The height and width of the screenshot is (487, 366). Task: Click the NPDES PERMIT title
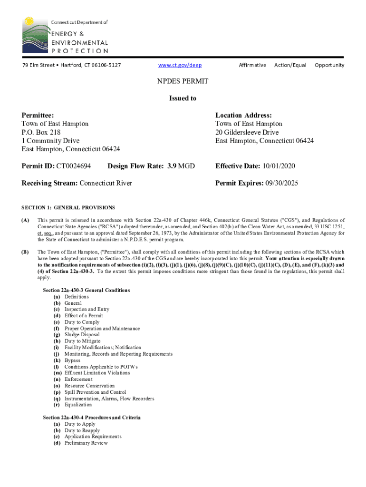[183, 81]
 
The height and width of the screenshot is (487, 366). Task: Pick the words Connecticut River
[106, 183]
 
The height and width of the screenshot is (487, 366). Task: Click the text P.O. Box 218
[41, 132]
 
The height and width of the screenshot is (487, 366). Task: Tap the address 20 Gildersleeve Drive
[247, 132]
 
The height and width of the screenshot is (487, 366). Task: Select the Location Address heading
[243, 115]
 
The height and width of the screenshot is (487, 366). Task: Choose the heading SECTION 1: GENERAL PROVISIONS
[68, 208]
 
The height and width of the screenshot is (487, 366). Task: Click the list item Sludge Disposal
[82, 335]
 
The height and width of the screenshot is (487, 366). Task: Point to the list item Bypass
[72, 360]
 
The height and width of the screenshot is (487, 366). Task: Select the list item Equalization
[78, 405]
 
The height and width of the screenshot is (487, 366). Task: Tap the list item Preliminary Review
[86, 443]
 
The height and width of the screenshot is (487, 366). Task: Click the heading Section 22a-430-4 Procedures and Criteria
[91, 418]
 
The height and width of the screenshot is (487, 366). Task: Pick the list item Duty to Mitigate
[82, 341]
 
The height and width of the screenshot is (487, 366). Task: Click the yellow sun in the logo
[29, 22]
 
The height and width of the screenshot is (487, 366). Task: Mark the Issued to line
[183, 98]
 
